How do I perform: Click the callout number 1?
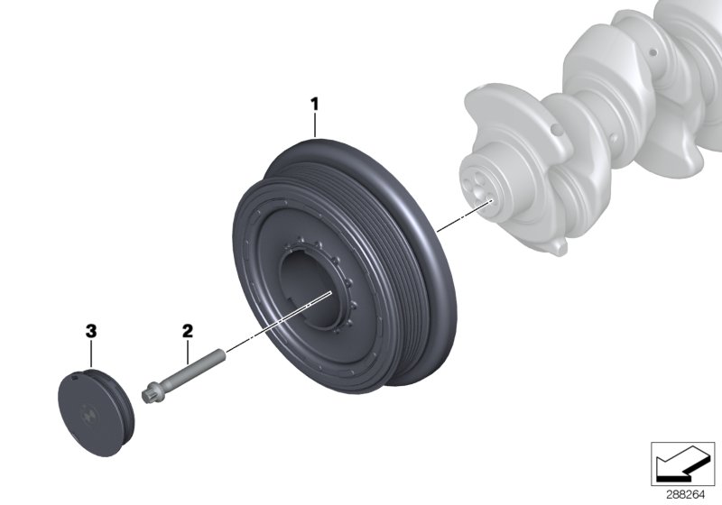tap(315, 105)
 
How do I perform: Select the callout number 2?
tap(188, 332)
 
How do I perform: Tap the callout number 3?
tap(90, 332)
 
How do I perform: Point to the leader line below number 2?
tap(188, 350)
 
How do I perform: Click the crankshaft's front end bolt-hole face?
tap(479, 181)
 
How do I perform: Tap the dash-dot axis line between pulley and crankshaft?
tap(460, 216)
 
